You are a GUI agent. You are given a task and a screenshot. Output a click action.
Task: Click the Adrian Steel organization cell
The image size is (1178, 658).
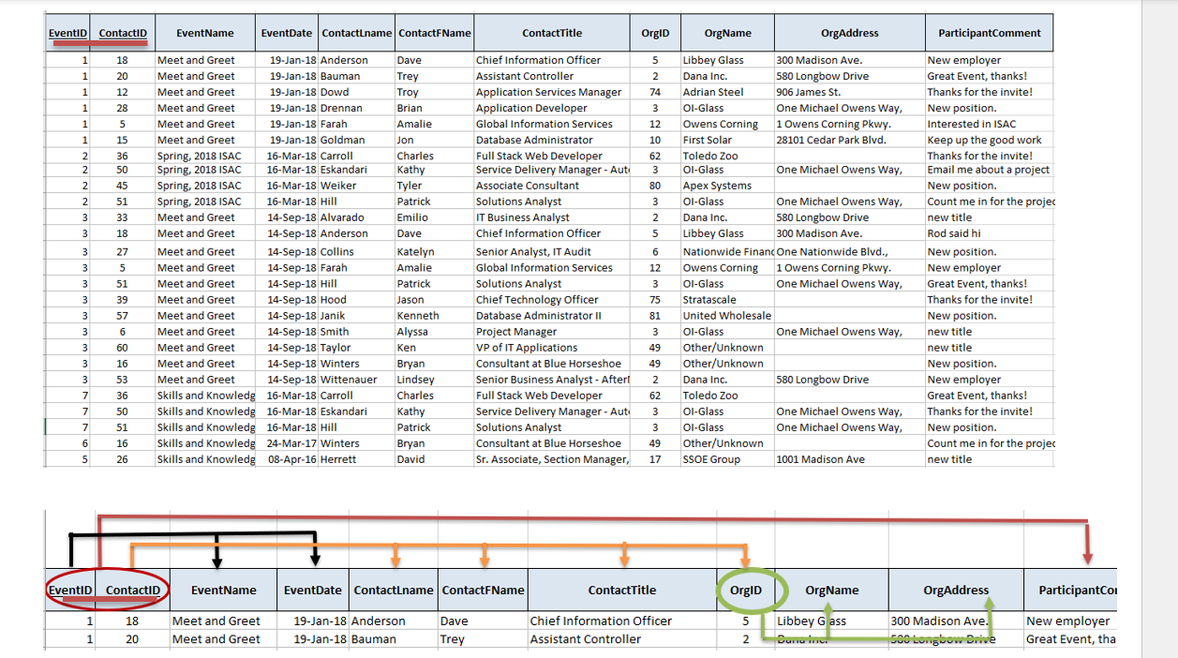click(x=713, y=92)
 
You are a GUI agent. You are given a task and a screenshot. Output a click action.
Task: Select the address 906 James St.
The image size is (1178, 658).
click(x=808, y=92)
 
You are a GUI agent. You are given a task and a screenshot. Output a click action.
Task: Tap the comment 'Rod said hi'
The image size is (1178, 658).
click(x=955, y=233)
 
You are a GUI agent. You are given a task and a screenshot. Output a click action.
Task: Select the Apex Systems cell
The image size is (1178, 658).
click(x=717, y=186)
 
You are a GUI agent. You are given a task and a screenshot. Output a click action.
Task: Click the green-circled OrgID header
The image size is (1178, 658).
click(x=746, y=591)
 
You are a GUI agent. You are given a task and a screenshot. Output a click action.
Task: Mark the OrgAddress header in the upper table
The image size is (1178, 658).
click(x=849, y=33)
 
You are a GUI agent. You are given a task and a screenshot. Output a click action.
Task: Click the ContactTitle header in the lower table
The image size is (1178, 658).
click(x=621, y=591)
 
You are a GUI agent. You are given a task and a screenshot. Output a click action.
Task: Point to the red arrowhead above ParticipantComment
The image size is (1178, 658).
click(x=1087, y=559)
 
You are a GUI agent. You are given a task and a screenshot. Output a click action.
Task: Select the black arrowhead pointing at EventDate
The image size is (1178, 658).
click(x=315, y=561)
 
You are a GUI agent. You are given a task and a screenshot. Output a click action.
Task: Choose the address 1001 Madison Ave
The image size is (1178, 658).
click(x=819, y=459)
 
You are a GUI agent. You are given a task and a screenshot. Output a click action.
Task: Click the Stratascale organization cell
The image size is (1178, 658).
click(x=709, y=300)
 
